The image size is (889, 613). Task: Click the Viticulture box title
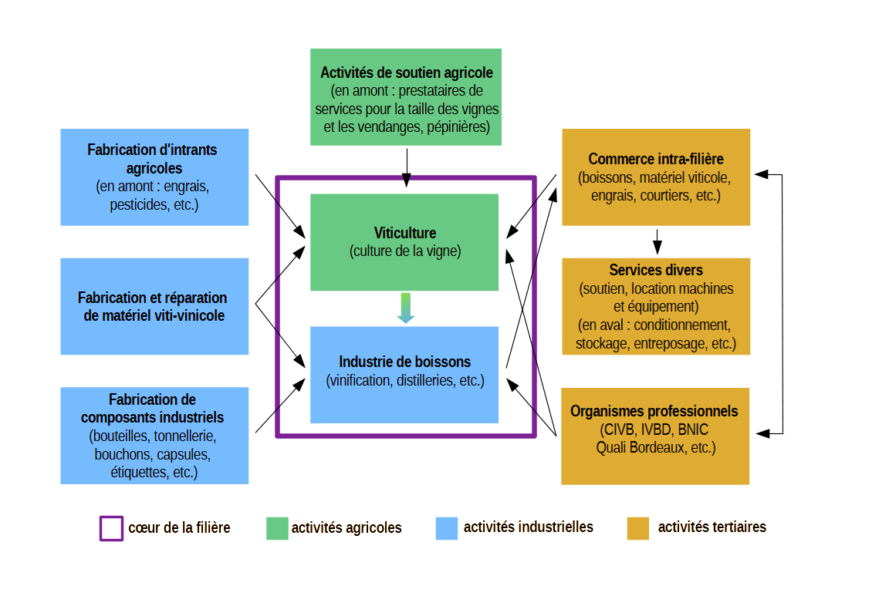405,233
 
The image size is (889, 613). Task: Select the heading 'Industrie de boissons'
405,362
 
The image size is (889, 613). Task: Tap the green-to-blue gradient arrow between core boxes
405,308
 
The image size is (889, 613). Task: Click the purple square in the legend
111,528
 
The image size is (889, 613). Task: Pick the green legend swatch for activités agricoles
277,528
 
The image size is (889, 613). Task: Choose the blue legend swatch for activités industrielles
447,528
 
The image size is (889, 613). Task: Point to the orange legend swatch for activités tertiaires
638,528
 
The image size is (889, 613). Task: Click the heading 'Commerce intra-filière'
656,159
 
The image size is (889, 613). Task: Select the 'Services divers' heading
656,270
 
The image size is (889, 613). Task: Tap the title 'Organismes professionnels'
654,411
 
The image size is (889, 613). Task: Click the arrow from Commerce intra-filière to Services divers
657,242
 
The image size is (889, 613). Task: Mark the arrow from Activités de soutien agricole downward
407,167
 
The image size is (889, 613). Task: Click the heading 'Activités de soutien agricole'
407,72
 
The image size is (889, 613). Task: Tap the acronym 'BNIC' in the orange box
693,429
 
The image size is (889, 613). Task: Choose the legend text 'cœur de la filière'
179,527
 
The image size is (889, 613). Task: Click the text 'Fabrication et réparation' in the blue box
153,298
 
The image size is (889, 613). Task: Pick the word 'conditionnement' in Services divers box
682,325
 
